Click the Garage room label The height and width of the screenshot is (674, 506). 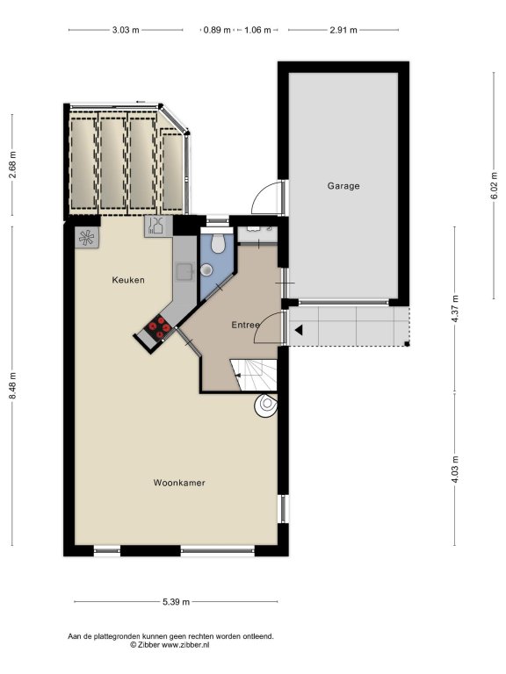(x=343, y=186)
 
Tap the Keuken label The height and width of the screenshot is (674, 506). (x=128, y=280)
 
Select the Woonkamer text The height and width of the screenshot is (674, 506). (x=179, y=483)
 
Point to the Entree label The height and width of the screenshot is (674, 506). (x=245, y=325)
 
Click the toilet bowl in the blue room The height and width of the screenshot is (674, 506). (x=218, y=243)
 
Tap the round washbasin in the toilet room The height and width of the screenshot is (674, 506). (x=206, y=269)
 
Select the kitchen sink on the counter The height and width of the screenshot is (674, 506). (x=185, y=272)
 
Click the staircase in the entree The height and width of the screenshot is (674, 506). (x=253, y=375)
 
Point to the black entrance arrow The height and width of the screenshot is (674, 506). (x=298, y=330)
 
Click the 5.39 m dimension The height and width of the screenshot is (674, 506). (x=176, y=602)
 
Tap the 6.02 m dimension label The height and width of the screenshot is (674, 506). (x=494, y=186)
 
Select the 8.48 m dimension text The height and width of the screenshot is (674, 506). (x=12, y=385)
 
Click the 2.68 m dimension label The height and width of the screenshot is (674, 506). (x=12, y=165)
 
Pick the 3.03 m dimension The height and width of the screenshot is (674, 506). (x=126, y=30)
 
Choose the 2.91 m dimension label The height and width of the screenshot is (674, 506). (x=343, y=30)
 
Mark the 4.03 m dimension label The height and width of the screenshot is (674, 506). (x=455, y=469)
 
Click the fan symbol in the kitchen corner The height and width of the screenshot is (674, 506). (x=86, y=237)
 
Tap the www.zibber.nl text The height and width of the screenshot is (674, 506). (x=185, y=645)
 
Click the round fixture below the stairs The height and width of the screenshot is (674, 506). (x=265, y=405)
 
